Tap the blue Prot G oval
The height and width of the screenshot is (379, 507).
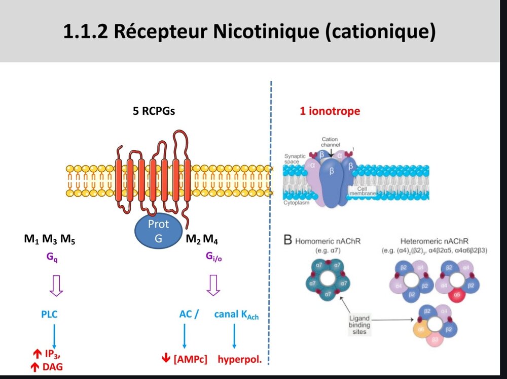[x=159, y=231]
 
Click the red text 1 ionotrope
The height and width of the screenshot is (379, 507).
[x=331, y=111]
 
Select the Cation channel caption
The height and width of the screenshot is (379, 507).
[x=330, y=142]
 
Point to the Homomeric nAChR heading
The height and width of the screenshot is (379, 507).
[x=328, y=242]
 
